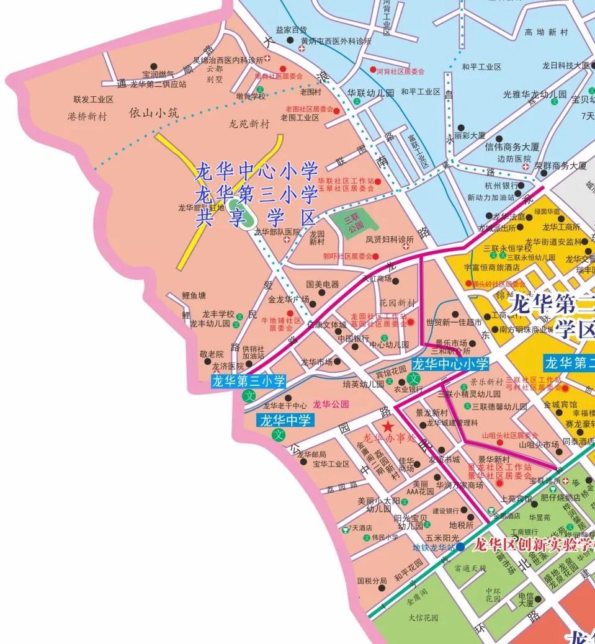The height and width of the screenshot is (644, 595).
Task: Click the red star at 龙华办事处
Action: click(x=388, y=426)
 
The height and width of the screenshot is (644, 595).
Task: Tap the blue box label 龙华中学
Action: click(x=285, y=421)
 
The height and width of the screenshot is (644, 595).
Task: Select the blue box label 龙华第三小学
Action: click(x=248, y=381)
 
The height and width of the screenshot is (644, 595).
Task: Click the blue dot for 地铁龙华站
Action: click(x=460, y=547)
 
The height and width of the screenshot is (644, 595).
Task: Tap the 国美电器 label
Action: click(x=323, y=284)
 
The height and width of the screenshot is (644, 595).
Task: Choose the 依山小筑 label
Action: click(x=153, y=113)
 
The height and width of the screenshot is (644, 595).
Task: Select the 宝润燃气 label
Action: click(x=158, y=74)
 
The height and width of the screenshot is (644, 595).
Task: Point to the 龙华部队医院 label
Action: click(x=277, y=232)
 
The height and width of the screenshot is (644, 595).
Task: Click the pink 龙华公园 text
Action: click(x=331, y=405)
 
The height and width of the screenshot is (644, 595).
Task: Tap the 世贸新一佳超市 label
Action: click(x=454, y=323)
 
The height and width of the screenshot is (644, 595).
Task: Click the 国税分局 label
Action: click(x=372, y=581)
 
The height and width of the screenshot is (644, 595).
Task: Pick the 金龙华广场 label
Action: click(x=289, y=299)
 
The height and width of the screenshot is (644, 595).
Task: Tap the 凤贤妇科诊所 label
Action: click(x=389, y=239)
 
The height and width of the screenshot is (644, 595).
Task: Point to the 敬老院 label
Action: click(x=211, y=354)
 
